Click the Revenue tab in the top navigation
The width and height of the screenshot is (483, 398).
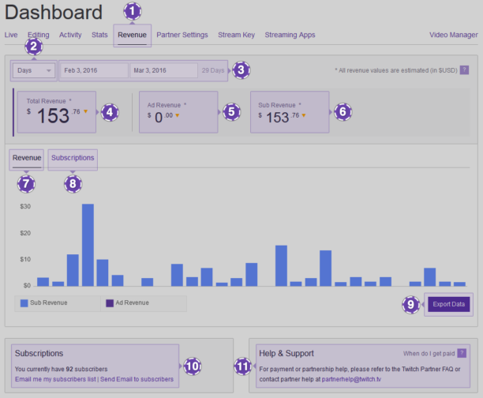[132, 35]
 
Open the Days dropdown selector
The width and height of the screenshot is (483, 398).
[34, 70]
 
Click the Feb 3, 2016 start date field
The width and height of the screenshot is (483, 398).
[93, 70]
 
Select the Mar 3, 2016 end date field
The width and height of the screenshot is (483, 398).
[163, 70]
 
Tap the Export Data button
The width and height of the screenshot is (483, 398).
[449, 304]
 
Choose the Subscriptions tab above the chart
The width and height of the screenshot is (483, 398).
[73, 158]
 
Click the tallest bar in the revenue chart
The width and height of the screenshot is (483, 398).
[88, 245]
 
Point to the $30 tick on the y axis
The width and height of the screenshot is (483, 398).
[25, 206]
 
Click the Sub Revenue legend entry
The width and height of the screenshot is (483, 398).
[49, 302]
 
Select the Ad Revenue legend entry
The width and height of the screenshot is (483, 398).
[133, 302]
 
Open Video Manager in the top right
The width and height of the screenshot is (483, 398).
[453, 35]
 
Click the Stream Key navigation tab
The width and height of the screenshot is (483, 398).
[237, 35]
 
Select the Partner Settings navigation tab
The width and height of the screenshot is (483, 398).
[182, 35]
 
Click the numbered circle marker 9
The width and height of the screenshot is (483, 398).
[410, 304]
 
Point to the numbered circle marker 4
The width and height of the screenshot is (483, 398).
[110, 112]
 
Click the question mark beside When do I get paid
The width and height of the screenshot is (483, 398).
[462, 353]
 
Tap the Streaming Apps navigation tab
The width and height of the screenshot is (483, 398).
[290, 35]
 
